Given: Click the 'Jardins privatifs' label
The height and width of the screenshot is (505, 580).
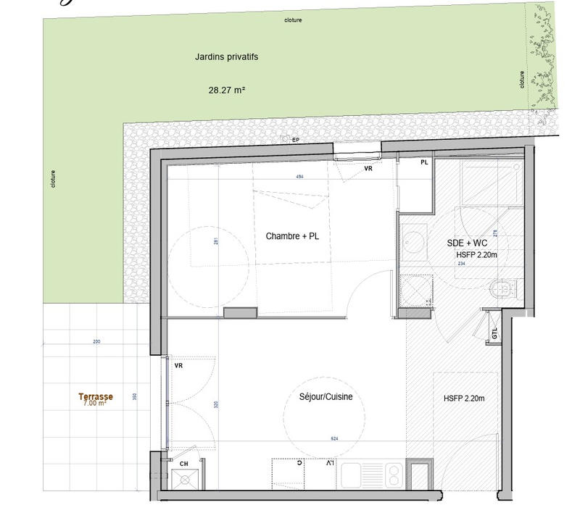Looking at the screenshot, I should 226,57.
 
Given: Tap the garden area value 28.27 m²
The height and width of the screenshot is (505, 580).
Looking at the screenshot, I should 226,91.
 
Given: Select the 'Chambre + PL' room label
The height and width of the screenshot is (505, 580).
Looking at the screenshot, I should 291,236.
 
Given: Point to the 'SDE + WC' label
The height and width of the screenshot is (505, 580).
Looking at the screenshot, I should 466,243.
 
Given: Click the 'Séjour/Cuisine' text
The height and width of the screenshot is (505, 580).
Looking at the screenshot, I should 326,397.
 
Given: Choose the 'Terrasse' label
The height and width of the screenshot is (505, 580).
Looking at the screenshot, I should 96,396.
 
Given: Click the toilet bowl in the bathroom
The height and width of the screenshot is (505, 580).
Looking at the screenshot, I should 502,291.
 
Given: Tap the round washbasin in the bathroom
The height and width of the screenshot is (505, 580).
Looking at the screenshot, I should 415,241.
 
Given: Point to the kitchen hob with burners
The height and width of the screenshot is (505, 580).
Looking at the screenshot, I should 391,475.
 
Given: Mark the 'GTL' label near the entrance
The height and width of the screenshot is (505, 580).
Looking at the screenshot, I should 494,335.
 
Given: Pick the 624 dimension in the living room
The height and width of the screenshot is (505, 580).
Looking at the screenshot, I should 334,438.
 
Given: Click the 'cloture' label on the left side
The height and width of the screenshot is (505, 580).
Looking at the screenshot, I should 53,179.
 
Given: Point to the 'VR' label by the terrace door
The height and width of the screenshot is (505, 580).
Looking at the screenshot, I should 178,366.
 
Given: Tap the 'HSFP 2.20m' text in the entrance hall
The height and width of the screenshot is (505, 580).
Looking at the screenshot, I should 464,398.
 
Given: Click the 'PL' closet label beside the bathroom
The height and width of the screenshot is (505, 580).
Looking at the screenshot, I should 424,163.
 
